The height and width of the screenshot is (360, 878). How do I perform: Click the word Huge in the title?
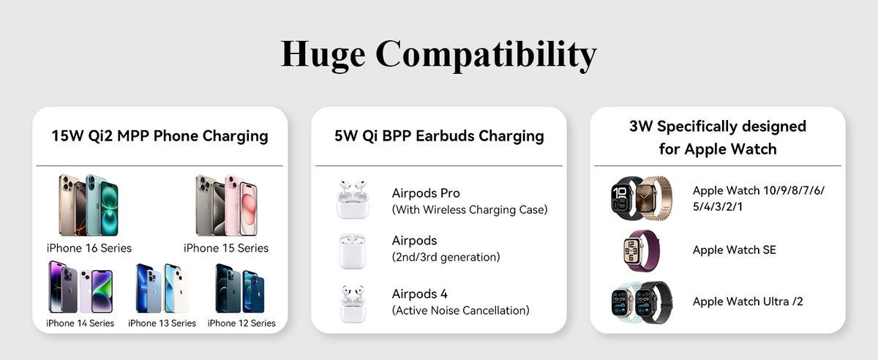(323, 55)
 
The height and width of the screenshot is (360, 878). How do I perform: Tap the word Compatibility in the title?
(486, 55)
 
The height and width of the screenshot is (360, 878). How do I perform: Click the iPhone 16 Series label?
(89, 248)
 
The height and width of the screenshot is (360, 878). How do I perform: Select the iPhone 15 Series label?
(226, 248)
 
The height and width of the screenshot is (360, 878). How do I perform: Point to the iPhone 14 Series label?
(80, 323)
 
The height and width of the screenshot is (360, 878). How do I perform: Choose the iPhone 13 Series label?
(162, 323)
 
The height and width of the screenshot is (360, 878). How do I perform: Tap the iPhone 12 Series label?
(241, 323)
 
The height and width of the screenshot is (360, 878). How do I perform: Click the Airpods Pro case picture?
(353, 199)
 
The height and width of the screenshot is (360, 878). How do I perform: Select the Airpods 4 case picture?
(353, 304)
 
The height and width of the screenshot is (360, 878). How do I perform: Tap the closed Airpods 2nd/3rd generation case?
(352, 252)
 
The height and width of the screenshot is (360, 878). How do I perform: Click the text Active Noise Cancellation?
(460, 310)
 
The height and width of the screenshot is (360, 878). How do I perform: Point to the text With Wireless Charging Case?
(470, 210)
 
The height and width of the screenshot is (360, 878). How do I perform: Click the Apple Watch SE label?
(734, 250)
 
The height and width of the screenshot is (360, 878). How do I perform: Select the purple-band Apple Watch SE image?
(641, 251)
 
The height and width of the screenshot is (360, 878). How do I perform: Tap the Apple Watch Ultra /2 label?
(748, 301)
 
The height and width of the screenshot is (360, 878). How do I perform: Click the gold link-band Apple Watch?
(654, 198)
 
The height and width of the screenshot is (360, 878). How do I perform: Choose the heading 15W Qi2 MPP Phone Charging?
(160, 136)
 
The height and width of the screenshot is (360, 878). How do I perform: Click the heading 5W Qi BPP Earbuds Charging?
(439, 136)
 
